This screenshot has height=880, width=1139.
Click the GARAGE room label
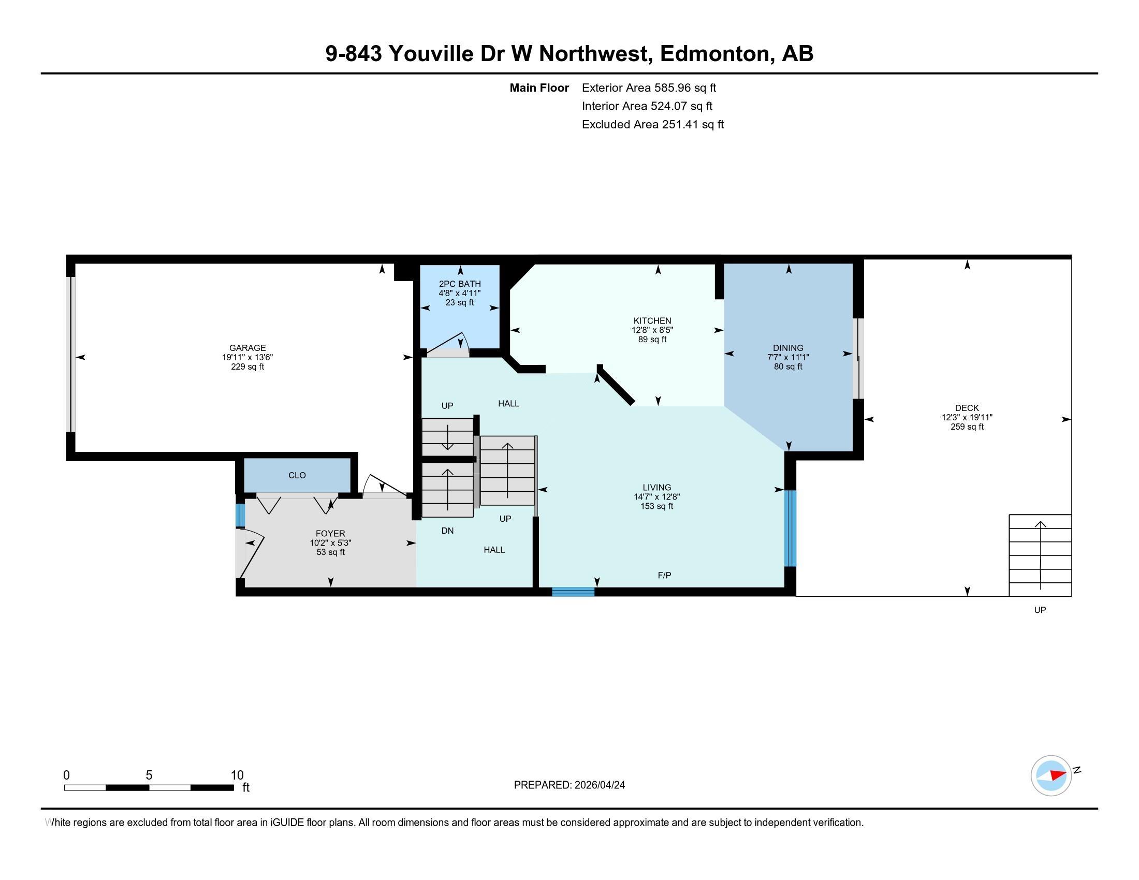pos(247,348)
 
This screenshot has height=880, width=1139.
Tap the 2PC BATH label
pos(459,284)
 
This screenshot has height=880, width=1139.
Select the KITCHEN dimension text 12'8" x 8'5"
pos(652,330)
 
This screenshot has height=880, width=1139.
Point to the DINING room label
pos(788,348)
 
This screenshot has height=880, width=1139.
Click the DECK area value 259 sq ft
pos(967,427)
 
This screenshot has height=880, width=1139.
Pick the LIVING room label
pos(656,488)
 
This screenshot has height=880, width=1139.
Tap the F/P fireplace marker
pos(664,575)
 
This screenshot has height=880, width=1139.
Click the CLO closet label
pos(297,475)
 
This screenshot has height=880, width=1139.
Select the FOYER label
pos(330,533)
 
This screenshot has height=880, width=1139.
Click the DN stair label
pos(447,531)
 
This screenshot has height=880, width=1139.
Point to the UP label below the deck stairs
pos(1040,610)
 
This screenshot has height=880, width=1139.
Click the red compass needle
pos(1058,775)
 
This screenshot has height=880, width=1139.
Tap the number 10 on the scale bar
pos(237,775)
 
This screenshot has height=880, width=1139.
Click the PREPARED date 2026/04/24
pos(598,785)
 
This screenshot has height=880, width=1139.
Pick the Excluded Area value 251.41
pos(680,124)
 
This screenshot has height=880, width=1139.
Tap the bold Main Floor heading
pos(539,87)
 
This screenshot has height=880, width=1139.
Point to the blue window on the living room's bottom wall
pos(573,592)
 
